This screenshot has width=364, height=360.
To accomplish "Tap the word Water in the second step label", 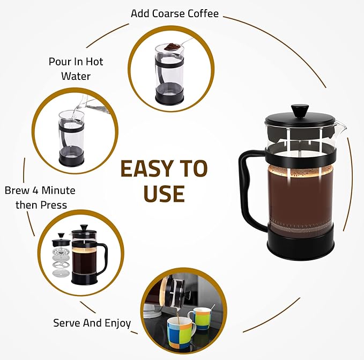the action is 76,76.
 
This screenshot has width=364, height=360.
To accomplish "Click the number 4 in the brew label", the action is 35,190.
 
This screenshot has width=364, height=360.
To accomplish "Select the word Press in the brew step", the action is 54,205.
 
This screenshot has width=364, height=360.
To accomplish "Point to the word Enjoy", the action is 118,324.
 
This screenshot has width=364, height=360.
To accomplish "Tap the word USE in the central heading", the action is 164,194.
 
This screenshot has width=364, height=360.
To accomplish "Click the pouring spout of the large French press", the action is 341,127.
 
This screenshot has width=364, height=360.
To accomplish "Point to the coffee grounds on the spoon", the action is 171,47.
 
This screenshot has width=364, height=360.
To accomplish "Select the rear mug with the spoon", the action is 199,318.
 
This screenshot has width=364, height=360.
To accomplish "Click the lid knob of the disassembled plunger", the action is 61,236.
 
